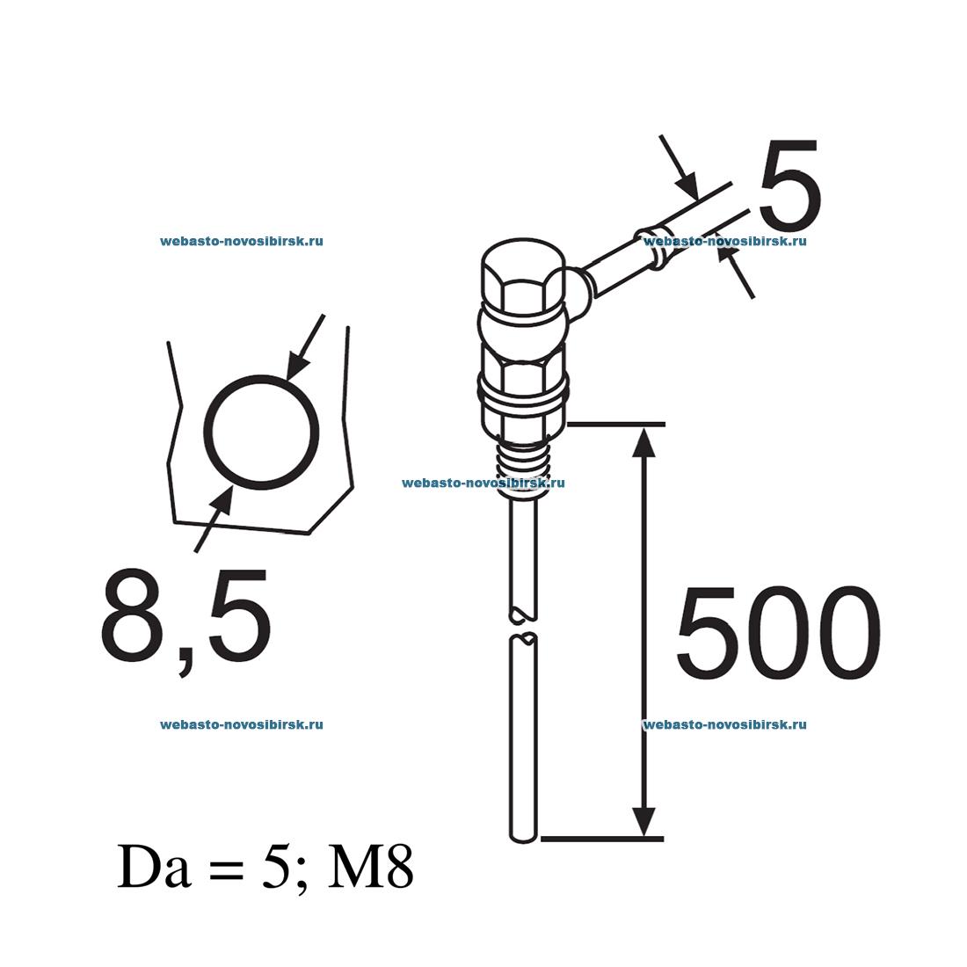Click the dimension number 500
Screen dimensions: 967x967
pos(777,634)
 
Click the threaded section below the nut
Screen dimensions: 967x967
pos(525,465)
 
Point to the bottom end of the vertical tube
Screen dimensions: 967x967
pos(524,833)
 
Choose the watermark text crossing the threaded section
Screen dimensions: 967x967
pos(483,483)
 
